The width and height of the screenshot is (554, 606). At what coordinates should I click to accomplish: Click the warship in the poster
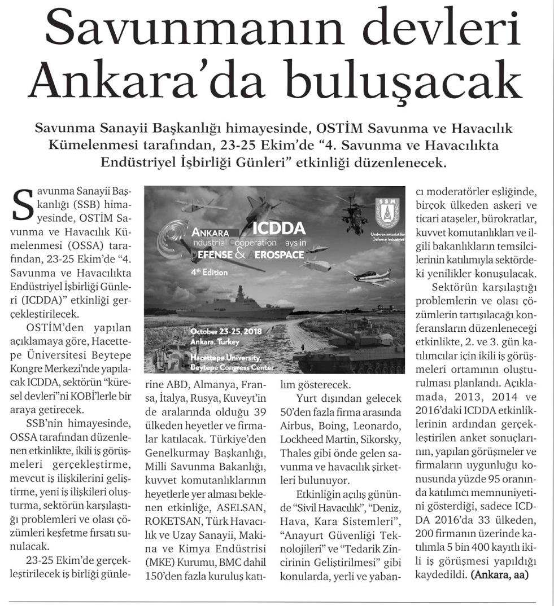pos(235,304)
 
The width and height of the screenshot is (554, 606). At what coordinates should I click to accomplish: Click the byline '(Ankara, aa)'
pos(500,577)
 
